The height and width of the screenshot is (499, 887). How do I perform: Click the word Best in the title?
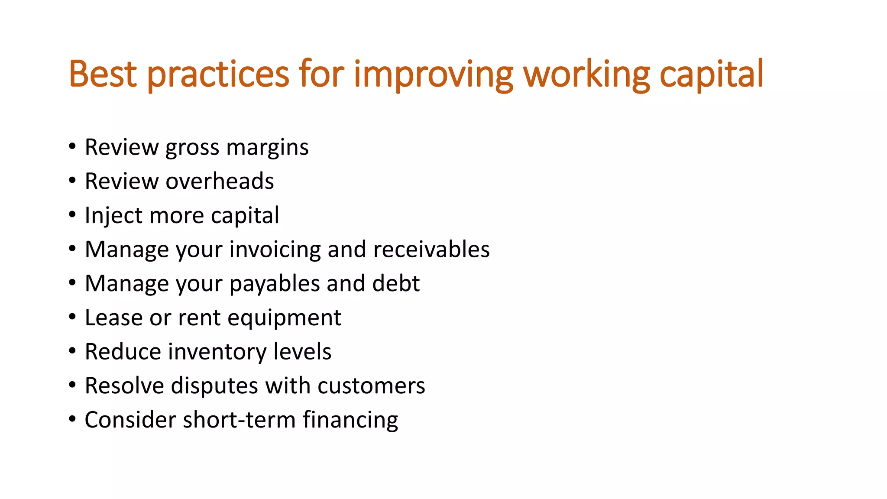103,74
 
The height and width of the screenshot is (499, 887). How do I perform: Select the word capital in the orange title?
711,75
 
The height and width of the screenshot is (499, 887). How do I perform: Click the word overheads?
220,181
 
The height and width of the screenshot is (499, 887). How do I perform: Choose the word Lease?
114,318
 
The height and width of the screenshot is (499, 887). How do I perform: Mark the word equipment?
284,318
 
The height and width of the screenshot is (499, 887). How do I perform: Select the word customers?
371,386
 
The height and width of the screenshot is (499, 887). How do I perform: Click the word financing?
350,421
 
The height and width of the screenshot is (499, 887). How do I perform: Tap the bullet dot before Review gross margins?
72,146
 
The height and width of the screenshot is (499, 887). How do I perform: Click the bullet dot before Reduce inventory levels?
72,351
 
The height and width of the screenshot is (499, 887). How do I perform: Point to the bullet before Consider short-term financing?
72,419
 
